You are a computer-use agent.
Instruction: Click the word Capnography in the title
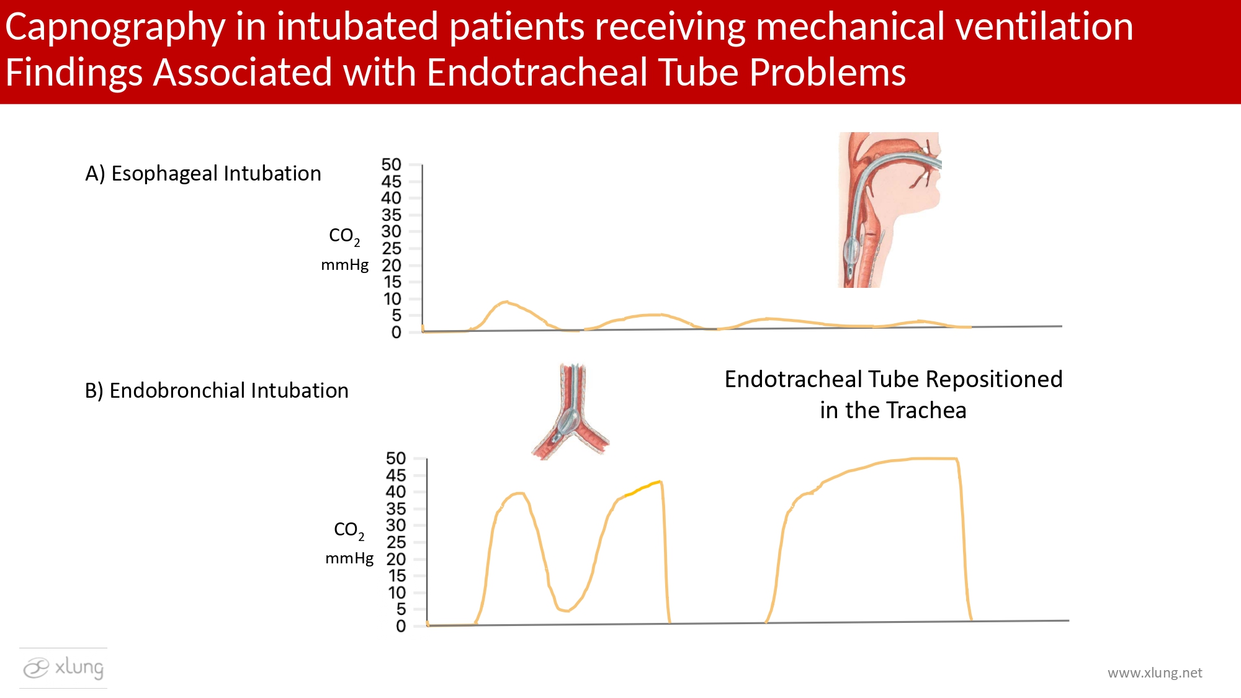(115, 28)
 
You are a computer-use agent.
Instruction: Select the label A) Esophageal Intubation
(203, 174)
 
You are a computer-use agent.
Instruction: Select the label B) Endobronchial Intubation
(217, 391)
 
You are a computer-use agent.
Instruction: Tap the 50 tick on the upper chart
(392, 165)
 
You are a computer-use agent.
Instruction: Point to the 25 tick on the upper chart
(392, 249)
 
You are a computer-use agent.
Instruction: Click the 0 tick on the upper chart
(396, 333)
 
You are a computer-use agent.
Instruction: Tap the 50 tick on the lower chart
(396, 459)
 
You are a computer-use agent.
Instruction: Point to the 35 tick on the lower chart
(396, 509)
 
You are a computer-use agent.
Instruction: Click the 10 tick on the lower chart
(397, 593)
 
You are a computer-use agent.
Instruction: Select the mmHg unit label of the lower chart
(349, 558)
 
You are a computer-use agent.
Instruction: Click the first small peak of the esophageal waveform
(506, 303)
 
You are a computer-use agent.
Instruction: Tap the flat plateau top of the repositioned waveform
(931, 459)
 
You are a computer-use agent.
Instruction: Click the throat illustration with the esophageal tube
(889, 210)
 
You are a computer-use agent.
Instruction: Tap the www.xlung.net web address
(1155, 673)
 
